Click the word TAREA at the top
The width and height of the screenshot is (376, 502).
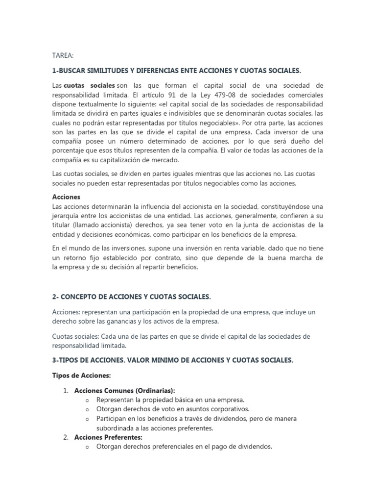(62, 56)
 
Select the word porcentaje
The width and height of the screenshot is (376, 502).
(70, 151)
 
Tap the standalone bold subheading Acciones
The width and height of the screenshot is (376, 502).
(66, 196)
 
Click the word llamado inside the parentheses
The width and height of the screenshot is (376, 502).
(96, 225)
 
